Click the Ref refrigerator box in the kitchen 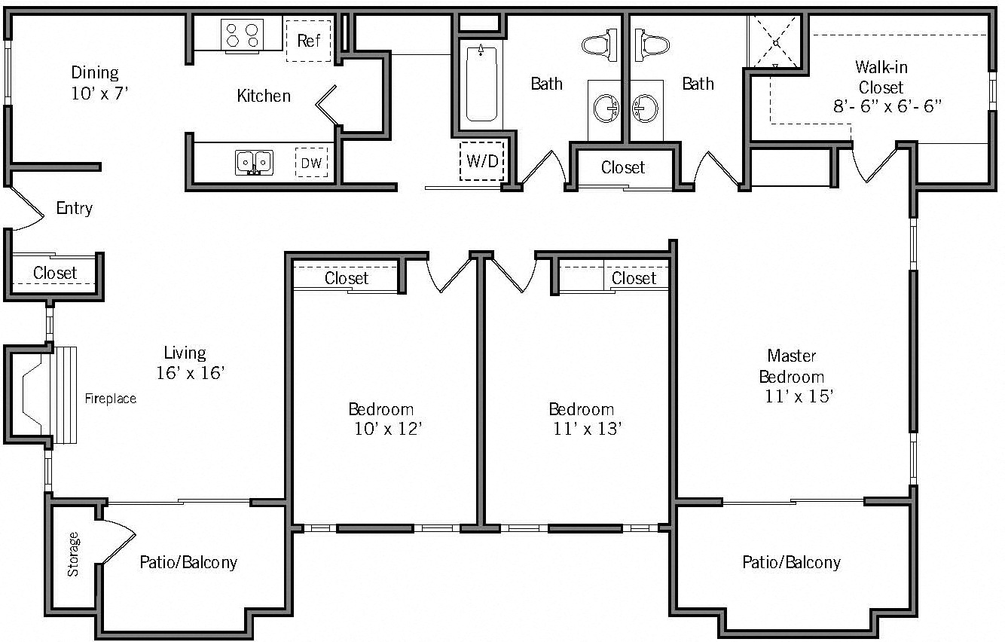[308, 41]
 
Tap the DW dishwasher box [311, 162]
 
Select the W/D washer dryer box [481, 161]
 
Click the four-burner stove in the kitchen [242, 35]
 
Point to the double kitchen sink [254, 162]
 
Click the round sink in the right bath [646, 109]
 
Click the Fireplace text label [110, 399]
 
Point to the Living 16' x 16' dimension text [191, 372]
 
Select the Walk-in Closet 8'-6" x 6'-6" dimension [887, 106]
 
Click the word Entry [74, 208]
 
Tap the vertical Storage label [73, 554]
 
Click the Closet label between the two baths [623, 167]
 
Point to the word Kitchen [264, 96]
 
